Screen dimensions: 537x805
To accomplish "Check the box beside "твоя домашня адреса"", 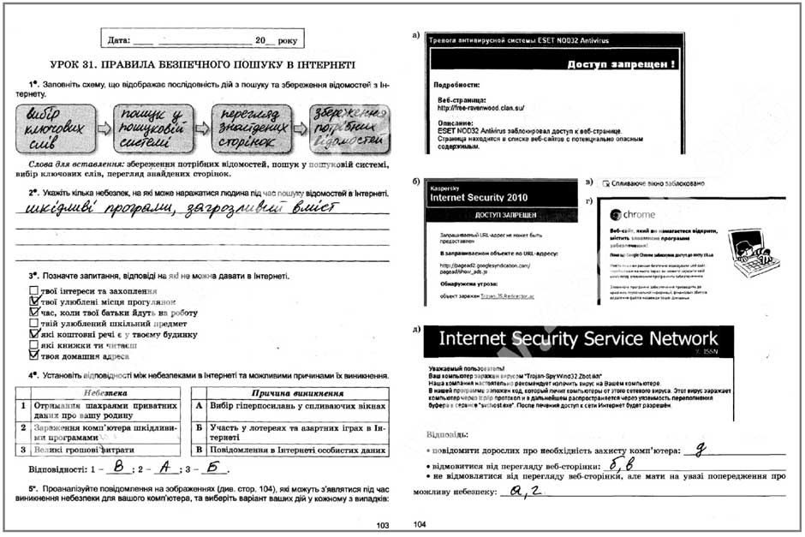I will click(x=33, y=354).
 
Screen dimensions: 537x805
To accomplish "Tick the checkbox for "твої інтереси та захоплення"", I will click(x=33, y=291).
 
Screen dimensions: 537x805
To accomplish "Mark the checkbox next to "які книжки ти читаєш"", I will click(x=33, y=343).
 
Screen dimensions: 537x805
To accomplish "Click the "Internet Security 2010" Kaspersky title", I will click(x=485, y=196).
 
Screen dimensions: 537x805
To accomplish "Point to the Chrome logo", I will click(x=614, y=215).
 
